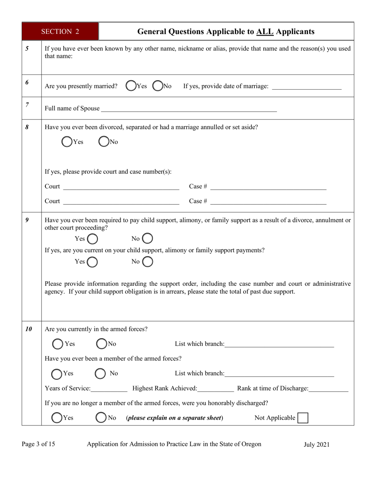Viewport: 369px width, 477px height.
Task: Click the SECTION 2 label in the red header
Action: [60, 31]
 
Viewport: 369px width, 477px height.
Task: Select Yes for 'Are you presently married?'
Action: [131, 86]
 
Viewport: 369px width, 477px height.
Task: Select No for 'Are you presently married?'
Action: [158, 86]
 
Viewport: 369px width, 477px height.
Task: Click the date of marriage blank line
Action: [306, 87]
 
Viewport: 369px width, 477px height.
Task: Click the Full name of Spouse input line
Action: [188, 109]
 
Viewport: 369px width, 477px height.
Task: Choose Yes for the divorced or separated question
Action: [67, 142]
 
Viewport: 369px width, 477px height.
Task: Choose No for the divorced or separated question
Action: [104, 142]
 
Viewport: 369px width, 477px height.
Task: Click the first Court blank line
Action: [121, 187]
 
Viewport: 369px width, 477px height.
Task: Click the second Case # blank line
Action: [268, 202]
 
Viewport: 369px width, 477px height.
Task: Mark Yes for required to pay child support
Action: [92, 238]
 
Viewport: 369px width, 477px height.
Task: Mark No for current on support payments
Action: [148, 262]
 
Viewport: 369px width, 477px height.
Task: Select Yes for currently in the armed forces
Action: [58, 344]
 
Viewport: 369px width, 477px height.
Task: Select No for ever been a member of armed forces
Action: [101, 373]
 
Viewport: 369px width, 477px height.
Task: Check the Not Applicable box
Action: [303, 418]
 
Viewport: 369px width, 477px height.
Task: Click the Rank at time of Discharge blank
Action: [329, 389]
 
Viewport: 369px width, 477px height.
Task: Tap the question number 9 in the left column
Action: [27, 220]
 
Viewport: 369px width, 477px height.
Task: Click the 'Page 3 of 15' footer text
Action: [38, 444]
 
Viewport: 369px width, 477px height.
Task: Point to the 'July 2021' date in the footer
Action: [316, 444]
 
